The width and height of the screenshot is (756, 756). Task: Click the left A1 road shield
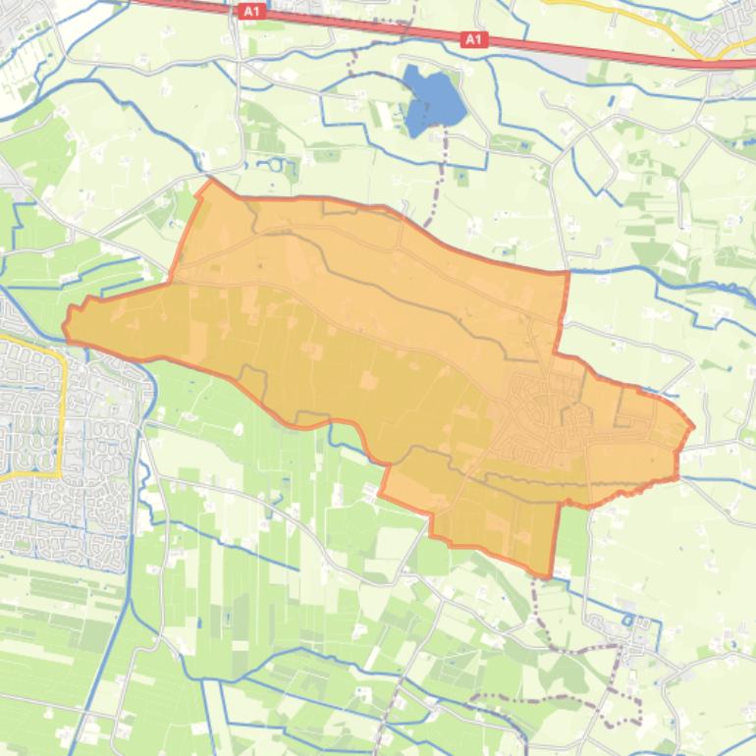(251, 11)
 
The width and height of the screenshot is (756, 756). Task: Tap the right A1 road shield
(474, 39)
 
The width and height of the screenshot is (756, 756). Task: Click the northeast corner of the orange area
(567, 273)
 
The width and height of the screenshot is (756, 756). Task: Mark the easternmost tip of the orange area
(692, 427)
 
